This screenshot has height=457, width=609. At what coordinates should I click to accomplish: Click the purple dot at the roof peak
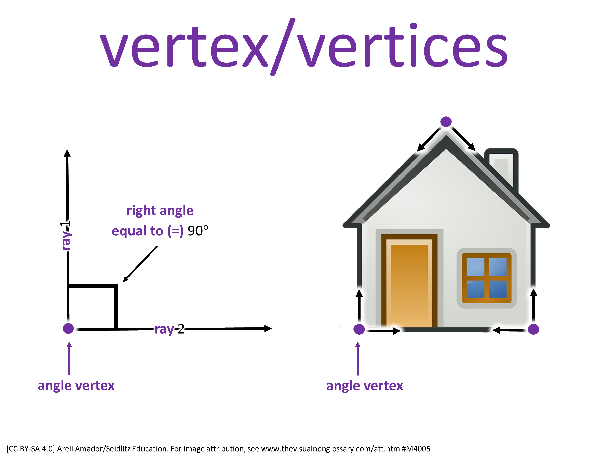point(446,121)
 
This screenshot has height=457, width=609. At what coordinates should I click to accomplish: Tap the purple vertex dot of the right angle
point(68,328)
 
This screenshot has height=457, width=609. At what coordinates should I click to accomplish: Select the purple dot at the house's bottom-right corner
point(533,329)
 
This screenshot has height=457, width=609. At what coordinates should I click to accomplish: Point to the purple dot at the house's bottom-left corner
point(359,329)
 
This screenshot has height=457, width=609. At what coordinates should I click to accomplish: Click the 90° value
point(198,231)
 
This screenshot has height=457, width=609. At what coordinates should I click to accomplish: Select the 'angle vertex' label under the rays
point(76,386)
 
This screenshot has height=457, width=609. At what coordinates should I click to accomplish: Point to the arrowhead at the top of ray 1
point(67,153)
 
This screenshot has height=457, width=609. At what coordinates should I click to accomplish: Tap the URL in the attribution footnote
point(346,449)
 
